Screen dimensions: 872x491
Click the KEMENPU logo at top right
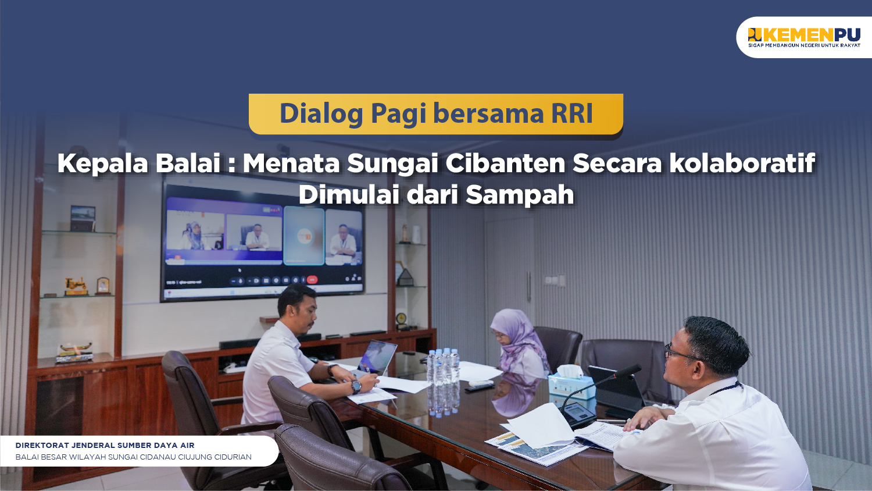(804, 37)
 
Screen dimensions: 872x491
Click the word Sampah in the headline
(520, 194)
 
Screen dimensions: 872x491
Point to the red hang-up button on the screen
(312, 280)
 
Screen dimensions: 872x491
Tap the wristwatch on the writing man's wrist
(356, 386)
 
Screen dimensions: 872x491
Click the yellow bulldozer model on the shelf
(76, 286)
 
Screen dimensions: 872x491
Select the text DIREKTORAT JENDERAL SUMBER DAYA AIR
(105, 445)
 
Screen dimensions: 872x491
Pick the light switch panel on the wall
(555, 280)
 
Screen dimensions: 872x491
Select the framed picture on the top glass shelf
(83, 218)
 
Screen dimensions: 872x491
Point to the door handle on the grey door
(528, 286)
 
